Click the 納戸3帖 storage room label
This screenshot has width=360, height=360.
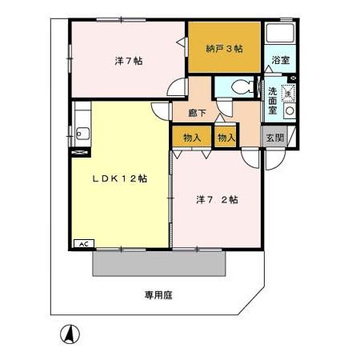(225, 48)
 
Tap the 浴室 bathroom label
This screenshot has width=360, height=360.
(279, 61)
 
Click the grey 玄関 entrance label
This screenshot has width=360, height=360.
(275, 137)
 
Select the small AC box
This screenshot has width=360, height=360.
(82, 242)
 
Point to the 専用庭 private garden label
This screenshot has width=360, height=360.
(158, 294)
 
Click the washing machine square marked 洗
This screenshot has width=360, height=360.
(289, 93)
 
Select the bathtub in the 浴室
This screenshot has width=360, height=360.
(280, 36)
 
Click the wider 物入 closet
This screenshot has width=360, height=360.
(191, 138)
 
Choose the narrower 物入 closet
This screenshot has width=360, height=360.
(226, 137)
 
